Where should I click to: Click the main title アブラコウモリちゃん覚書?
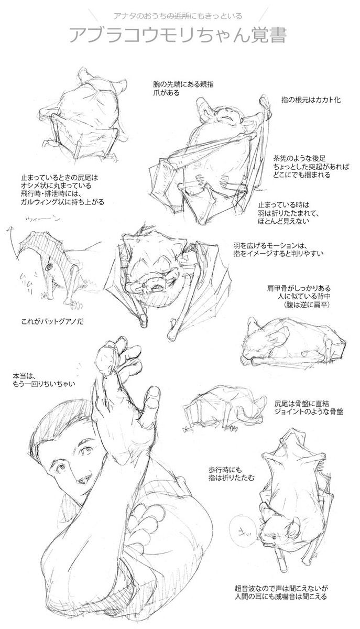178,36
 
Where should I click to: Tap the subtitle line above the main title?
178,16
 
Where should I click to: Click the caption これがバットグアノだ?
52,322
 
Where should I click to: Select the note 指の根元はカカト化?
311,100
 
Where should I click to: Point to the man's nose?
73,474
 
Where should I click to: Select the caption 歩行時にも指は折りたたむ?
231,473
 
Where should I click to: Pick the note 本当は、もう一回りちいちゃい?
44,379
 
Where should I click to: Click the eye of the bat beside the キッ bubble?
274,537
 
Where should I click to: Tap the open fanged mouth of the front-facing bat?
154,288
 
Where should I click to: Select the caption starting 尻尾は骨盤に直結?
309,408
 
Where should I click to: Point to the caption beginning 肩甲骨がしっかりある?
299,296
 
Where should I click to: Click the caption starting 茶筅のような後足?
311,167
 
